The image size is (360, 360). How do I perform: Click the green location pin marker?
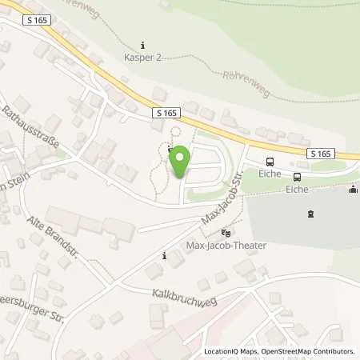180,162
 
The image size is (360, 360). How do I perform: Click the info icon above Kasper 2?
142,44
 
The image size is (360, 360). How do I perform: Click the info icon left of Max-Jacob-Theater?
164,256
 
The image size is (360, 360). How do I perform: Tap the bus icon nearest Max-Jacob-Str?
269,161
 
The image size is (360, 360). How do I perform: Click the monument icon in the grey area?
310,214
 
